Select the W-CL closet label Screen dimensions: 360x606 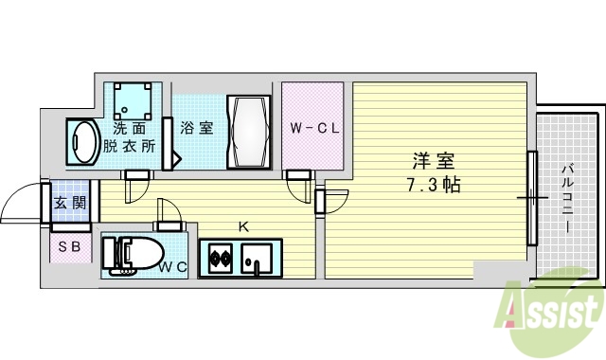click(312, 127)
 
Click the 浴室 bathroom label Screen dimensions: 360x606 click(197, 127)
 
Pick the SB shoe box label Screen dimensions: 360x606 click(69, 247)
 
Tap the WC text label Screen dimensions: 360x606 click(172, 268)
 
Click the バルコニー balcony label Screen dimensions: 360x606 click(566, 199)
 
